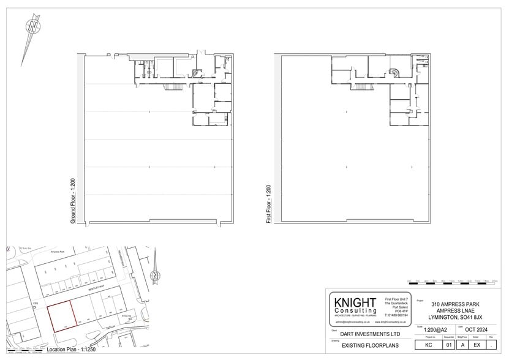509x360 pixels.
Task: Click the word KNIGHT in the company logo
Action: pyautogui.click(x=354, y=302)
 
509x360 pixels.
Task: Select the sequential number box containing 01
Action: pyautogui.click(x=448, y=345)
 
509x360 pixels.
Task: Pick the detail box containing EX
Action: pyautogui.click(x=477, y=345)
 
